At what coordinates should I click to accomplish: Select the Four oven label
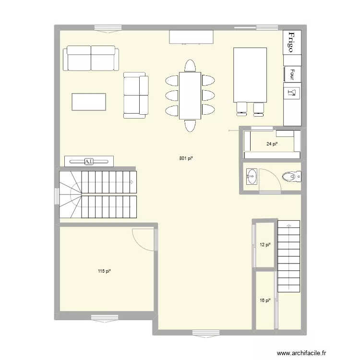(292, 74)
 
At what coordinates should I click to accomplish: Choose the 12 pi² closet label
(265, 245)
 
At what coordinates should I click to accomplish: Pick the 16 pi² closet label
(265, 300)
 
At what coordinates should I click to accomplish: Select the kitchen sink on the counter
(291, 91)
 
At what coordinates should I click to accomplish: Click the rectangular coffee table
(89, 102)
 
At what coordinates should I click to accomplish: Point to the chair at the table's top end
(190, 66)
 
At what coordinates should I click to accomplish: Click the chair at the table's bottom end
(190, 125)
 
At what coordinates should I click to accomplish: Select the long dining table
(190, 95)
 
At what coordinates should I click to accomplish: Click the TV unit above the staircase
(89, 161)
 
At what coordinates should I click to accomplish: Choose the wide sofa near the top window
(91, 58)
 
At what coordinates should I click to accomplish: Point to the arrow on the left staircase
(131, 182)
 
